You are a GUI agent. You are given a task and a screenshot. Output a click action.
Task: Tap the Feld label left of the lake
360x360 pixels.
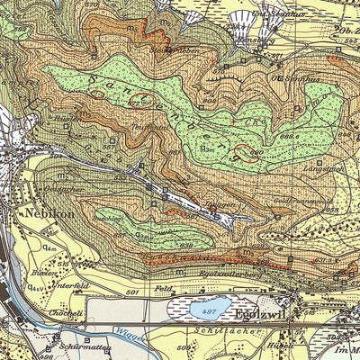tap(163, 289)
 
